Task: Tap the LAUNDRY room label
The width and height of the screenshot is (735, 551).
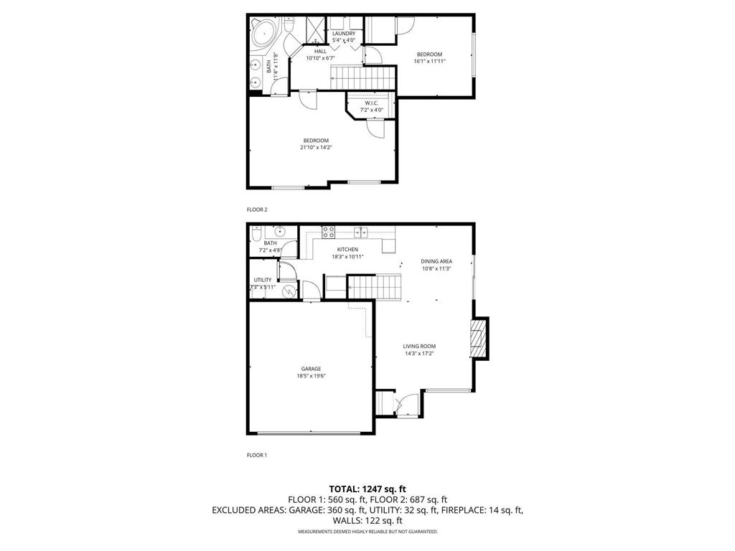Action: tap(343, 34)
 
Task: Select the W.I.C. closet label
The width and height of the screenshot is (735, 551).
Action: tap(371, 103)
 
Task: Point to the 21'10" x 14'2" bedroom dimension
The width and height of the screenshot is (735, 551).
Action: tap(316, 147)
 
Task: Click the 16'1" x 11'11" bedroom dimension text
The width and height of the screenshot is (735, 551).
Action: tap(429, 62)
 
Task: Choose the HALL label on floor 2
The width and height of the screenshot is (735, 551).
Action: tap(320, 51)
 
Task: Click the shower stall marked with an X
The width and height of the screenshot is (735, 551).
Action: tap(316, 29)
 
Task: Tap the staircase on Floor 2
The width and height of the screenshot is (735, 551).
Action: tap(362, 75)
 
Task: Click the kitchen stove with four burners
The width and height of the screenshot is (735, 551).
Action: tap(329, 232)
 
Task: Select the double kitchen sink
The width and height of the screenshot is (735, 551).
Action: tap(361, 231)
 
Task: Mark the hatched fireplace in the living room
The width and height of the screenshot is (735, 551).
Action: tap(477, 339)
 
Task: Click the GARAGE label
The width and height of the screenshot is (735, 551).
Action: tap(311, 369)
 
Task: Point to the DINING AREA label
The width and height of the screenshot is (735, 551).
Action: tap(436, 261)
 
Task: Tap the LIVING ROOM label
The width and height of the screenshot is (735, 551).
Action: tap(418, 346)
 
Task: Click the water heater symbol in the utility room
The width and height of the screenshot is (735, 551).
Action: tap(288, 291)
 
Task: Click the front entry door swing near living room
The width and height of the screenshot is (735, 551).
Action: tap(406, 405)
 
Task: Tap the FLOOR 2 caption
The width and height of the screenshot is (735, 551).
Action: tap(256, 209)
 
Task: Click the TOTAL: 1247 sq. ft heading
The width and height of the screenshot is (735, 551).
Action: tap(367, 489)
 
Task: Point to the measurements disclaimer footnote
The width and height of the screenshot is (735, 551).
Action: tap(367, 532)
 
